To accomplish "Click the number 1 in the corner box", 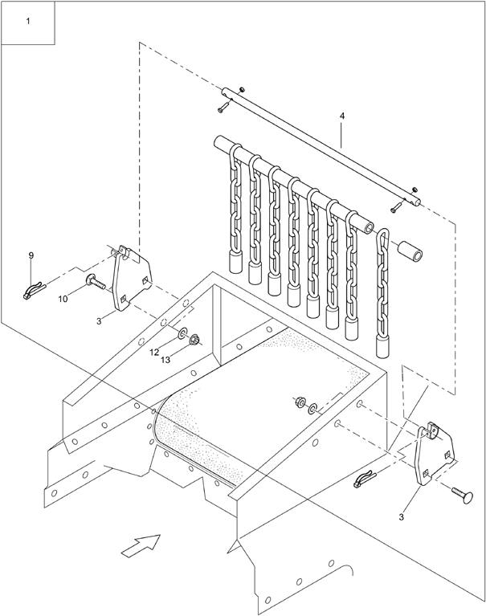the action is point(28,21).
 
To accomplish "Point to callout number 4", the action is point(342,116).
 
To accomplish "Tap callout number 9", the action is point(31,255).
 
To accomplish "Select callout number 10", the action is point(63,299).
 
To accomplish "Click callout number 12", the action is point(154,353).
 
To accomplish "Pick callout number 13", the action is point(165,360).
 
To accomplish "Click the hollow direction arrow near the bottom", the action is point(141,545).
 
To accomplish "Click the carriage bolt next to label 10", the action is point(95,282).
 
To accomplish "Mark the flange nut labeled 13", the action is point(194,340).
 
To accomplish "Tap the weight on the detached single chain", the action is point(382,346).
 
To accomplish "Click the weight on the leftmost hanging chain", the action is point(235,262).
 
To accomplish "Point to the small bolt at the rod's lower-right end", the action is point(397,206).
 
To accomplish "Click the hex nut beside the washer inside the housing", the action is point(300,402).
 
